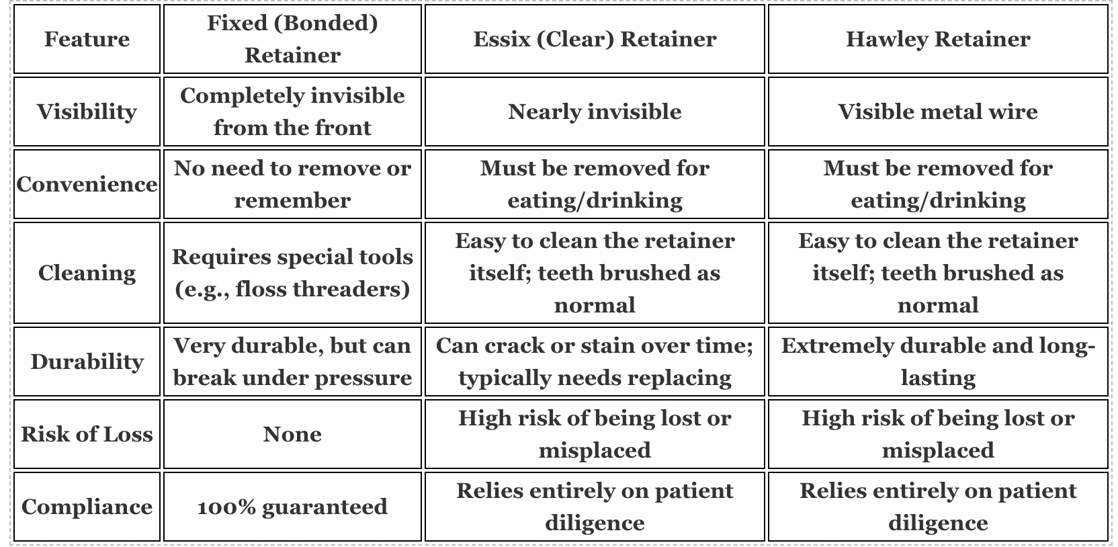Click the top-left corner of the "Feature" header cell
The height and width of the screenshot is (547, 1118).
14,5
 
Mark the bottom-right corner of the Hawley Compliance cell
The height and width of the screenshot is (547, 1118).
1108,540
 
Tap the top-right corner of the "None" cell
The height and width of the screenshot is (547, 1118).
421,400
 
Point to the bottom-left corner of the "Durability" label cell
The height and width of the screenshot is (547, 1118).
14,395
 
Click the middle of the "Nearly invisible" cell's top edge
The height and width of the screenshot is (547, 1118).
595,77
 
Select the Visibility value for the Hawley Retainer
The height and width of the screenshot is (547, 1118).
938,112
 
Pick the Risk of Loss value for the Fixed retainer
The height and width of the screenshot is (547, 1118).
292,434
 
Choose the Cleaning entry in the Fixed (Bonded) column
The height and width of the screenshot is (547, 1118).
292,273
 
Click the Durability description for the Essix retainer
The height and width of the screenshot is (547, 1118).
595,362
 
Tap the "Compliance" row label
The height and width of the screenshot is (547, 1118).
87,507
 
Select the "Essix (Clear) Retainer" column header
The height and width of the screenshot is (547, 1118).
595,39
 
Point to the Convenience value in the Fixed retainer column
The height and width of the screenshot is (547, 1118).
292,185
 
